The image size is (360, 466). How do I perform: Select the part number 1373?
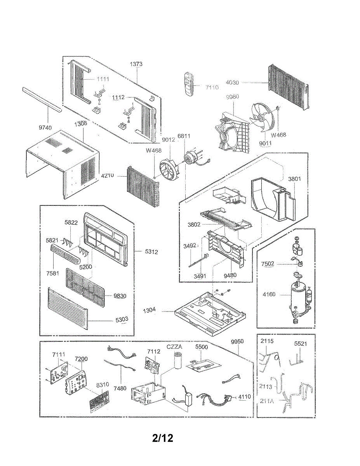(x=136, y=64)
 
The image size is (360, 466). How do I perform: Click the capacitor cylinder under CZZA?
(x=178, y=361)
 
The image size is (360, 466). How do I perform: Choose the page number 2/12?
(x=163, y=438)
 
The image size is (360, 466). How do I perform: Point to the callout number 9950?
(x=237, y=341)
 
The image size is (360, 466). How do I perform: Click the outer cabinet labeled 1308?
(x=62, y=159)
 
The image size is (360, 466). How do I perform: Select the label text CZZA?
(x=175, y=346)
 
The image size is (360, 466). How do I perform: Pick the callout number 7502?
(x=268, y=264)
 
